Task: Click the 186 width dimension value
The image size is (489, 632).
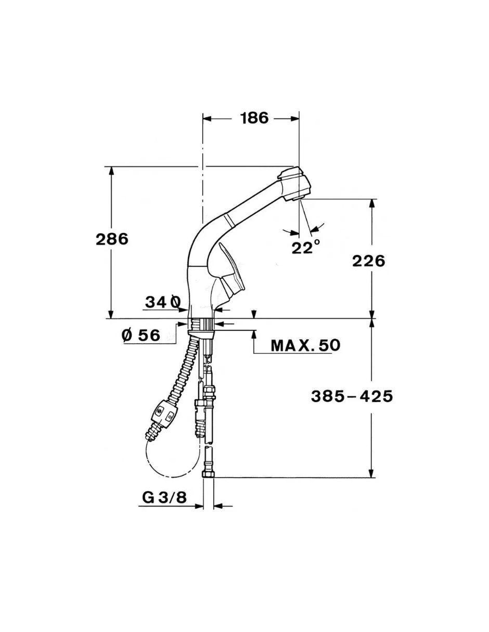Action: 255,118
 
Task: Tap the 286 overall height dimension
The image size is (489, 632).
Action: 112,239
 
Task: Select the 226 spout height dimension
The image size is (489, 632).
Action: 368,261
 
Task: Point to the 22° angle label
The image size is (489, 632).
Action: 306,247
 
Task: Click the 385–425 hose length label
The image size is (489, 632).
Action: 352,396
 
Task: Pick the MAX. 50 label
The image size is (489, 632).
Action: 305,345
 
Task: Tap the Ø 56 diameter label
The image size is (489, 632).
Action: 141,336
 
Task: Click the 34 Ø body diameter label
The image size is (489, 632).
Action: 163,302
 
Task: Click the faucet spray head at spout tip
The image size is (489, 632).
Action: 293,183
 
